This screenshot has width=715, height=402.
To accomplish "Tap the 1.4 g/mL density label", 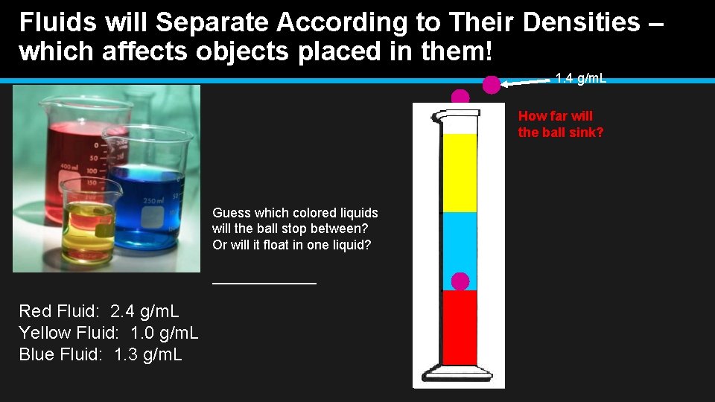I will [x=581, y=77].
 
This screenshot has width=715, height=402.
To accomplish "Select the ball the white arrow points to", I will [x=492, y=85].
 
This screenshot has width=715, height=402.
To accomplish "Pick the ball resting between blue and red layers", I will [x=461, y=281].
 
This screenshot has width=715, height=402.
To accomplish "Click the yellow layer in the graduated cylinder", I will [x=460, y=173].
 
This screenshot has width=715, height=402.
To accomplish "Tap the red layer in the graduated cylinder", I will [x=460, y=328].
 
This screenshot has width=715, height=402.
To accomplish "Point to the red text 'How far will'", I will [x=556, y=116].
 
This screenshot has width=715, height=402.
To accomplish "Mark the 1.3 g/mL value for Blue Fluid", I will [x=148, y=354].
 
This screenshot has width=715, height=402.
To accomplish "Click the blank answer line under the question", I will [x=264, y=282].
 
